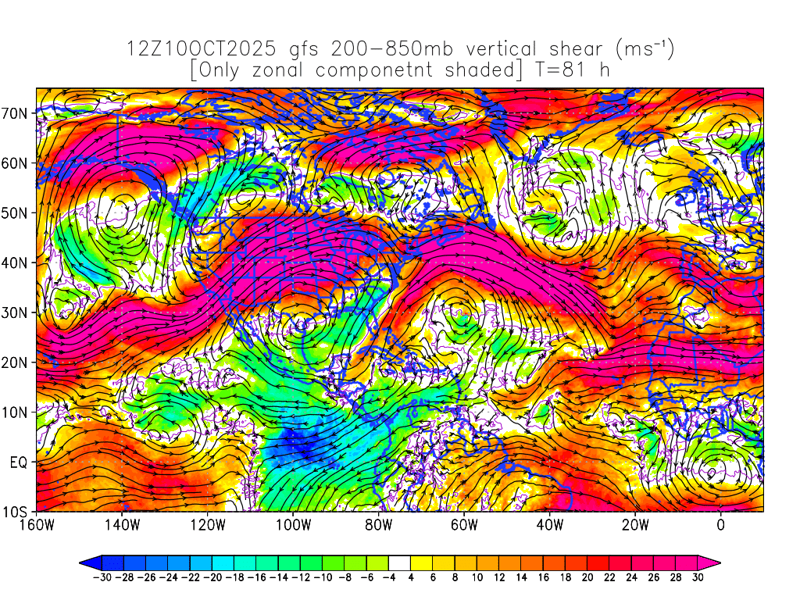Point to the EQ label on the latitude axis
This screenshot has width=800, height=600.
click(x=19, y=462)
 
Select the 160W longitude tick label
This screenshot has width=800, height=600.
click(x=36, y=524)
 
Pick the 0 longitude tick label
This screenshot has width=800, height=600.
click(x=720, y=524)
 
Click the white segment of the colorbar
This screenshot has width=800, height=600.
click(x=399, y=562)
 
